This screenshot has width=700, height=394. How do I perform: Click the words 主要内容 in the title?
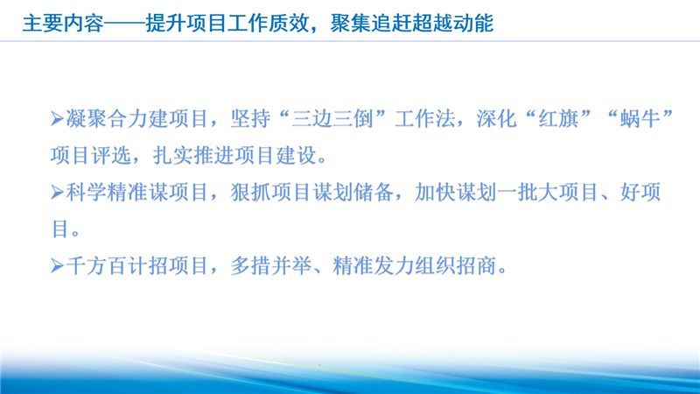pos(63,24)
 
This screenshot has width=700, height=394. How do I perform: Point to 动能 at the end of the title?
pos(473,24)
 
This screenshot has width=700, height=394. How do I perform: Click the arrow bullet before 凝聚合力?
pos(57,119)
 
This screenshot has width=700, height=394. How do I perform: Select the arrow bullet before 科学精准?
pos(57,193)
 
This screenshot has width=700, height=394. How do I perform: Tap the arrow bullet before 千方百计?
pos(57,266)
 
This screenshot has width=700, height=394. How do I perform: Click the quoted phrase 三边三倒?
pos(332,119)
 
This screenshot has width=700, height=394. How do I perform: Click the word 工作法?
pos(425,119)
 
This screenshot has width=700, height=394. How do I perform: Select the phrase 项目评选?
pos(91,156)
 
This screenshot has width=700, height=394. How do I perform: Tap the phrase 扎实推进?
pos(193,156)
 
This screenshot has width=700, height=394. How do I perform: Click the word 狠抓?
pos(250,193)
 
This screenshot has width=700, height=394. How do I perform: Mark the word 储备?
pos(374,193)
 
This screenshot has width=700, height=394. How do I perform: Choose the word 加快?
pos(435,193)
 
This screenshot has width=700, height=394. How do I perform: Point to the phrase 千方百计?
pos(107,266)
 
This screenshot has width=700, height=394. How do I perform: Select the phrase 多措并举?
pos(271,266)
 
